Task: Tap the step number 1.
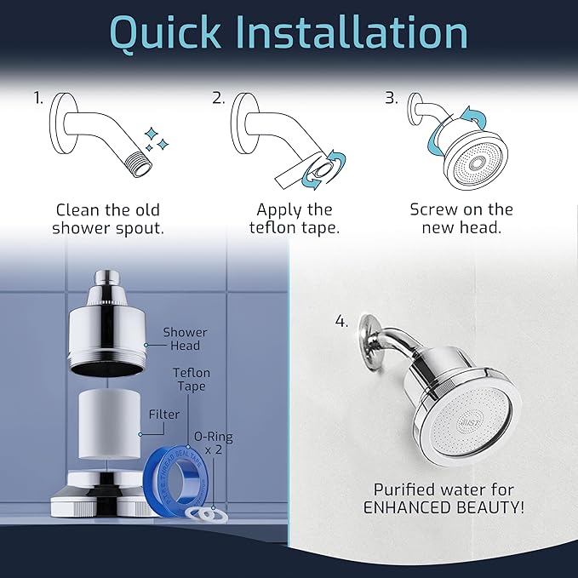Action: (x=38, y=99)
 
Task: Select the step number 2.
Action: (x=219, y=99)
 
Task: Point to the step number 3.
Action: (x=392, y=99)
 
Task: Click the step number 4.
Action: (x=341, y=322)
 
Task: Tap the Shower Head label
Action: (x=186, y=339)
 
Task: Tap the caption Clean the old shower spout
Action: (x=107, y=219)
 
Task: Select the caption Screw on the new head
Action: (x=461, y=219)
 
